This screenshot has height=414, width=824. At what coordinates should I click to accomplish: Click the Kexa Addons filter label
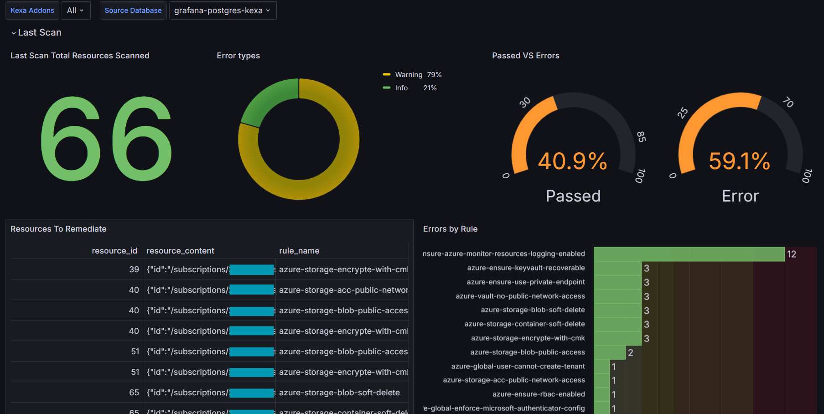pos(32,10)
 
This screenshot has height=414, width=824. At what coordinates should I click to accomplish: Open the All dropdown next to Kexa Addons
pos(75,10)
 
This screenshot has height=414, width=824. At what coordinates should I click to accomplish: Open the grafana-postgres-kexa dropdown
pos(222,10)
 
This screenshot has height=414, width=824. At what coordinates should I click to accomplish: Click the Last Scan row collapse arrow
pos(14,33)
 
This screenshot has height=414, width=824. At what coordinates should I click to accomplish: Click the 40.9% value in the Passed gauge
pos(572,161)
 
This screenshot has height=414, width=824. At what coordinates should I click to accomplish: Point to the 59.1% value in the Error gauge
pos(739,161)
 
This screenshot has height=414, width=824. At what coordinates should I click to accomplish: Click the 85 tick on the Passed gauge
pos(641,136)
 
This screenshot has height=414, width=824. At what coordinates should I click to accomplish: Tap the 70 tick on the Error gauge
pos(788,102)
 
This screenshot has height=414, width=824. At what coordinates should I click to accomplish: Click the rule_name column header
pos(299,251)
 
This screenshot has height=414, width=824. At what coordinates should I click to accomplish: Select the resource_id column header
pos(114,251)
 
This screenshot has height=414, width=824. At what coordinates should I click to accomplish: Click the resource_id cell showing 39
pos(134,269)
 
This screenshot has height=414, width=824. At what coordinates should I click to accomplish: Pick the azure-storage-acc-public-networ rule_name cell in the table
pos(343,290)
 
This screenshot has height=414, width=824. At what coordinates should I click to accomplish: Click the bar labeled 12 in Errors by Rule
pos(689,254)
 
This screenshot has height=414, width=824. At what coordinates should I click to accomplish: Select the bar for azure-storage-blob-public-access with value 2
pos(609,352)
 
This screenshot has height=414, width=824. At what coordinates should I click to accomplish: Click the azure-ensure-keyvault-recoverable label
pos(526,268)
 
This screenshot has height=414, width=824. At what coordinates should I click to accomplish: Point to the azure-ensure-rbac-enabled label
pos(538,394)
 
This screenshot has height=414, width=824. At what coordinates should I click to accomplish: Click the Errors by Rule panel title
pos(450,229)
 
